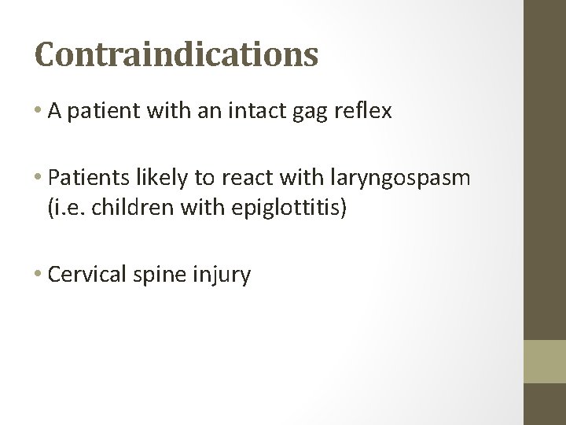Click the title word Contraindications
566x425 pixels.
point(177,55)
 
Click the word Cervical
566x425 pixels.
point(81,276)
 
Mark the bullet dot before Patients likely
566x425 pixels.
point(39,178)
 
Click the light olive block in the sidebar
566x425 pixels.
point(545,361)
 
